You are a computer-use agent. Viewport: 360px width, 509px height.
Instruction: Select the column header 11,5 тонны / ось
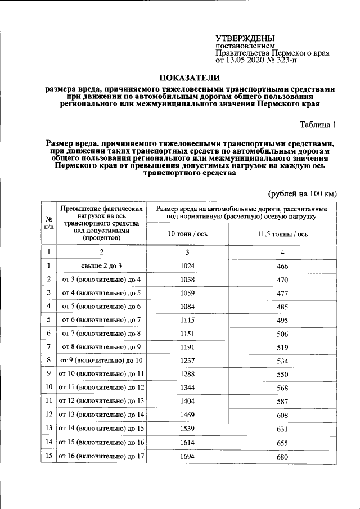tap(282, 234)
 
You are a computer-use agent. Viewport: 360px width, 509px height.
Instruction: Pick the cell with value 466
tap(282, 266)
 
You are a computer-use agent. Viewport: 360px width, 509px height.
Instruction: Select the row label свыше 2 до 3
tap(101, 266)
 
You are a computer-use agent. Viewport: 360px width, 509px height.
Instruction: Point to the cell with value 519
tap(282, 348)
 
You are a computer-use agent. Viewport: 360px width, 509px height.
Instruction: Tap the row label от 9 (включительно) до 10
tap(101, 361)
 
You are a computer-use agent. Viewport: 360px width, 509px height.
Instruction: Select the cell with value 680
tap(282, 457)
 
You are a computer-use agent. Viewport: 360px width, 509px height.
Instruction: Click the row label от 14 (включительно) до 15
tap(101, 429)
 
